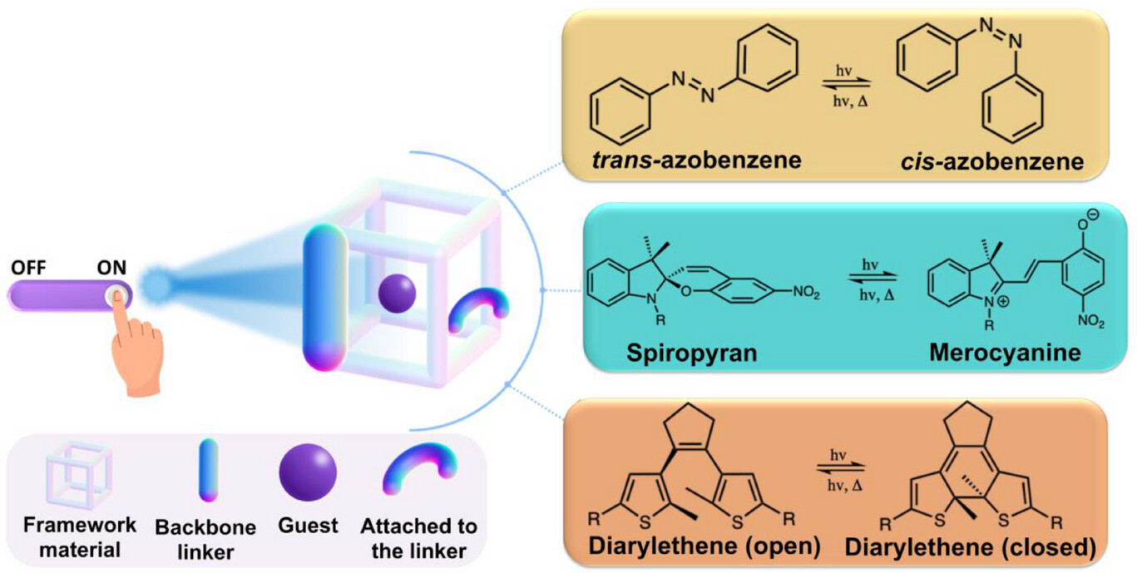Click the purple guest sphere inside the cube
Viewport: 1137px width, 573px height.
pos(397,294)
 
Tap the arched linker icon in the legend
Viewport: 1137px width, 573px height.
pos(419,472)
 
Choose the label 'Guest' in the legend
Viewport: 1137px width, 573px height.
pos(309,526)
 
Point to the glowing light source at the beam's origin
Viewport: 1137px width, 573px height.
pos(155,284)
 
